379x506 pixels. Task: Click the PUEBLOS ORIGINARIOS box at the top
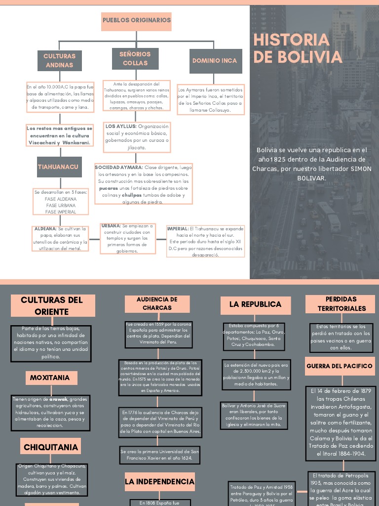pyautogui.click(x=137, y=21)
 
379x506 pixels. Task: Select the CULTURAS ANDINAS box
pyautogui.click(x=59, y=60)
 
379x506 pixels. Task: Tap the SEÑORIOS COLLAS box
pyautogui.click(x=135, y=58)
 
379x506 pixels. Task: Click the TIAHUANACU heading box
pyautogui.click(x=58, y=167)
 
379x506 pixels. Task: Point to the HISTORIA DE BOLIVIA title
pyautogui.click(x=298, y=48)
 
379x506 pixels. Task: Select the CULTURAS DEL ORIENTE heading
pyautogui.click(x=52, y=305)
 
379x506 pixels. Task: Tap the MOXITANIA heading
pyautogui.click(x=50, y=378)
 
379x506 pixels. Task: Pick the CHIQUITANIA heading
pyautogui.click(x=51, y=447)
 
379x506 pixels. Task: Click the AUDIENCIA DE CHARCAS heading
pyautogui.click(x=157, y=303)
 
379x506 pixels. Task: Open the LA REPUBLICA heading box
pyautogui.click(x=255, y=304)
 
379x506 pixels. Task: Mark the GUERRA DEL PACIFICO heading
pyautogui.click(x=340, y=366)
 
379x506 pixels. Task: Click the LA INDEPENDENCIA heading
pyautogui.click(x=159, y=481)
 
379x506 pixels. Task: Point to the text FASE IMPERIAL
pyautogui.click(x=61, y=212)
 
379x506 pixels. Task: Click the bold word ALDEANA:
pyautogui.click(x=45, y=229)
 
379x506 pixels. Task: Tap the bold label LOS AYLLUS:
pyautogui.click(x=121, y=126)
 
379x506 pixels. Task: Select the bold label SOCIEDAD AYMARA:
pyautogui.click(x=118, y=168)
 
